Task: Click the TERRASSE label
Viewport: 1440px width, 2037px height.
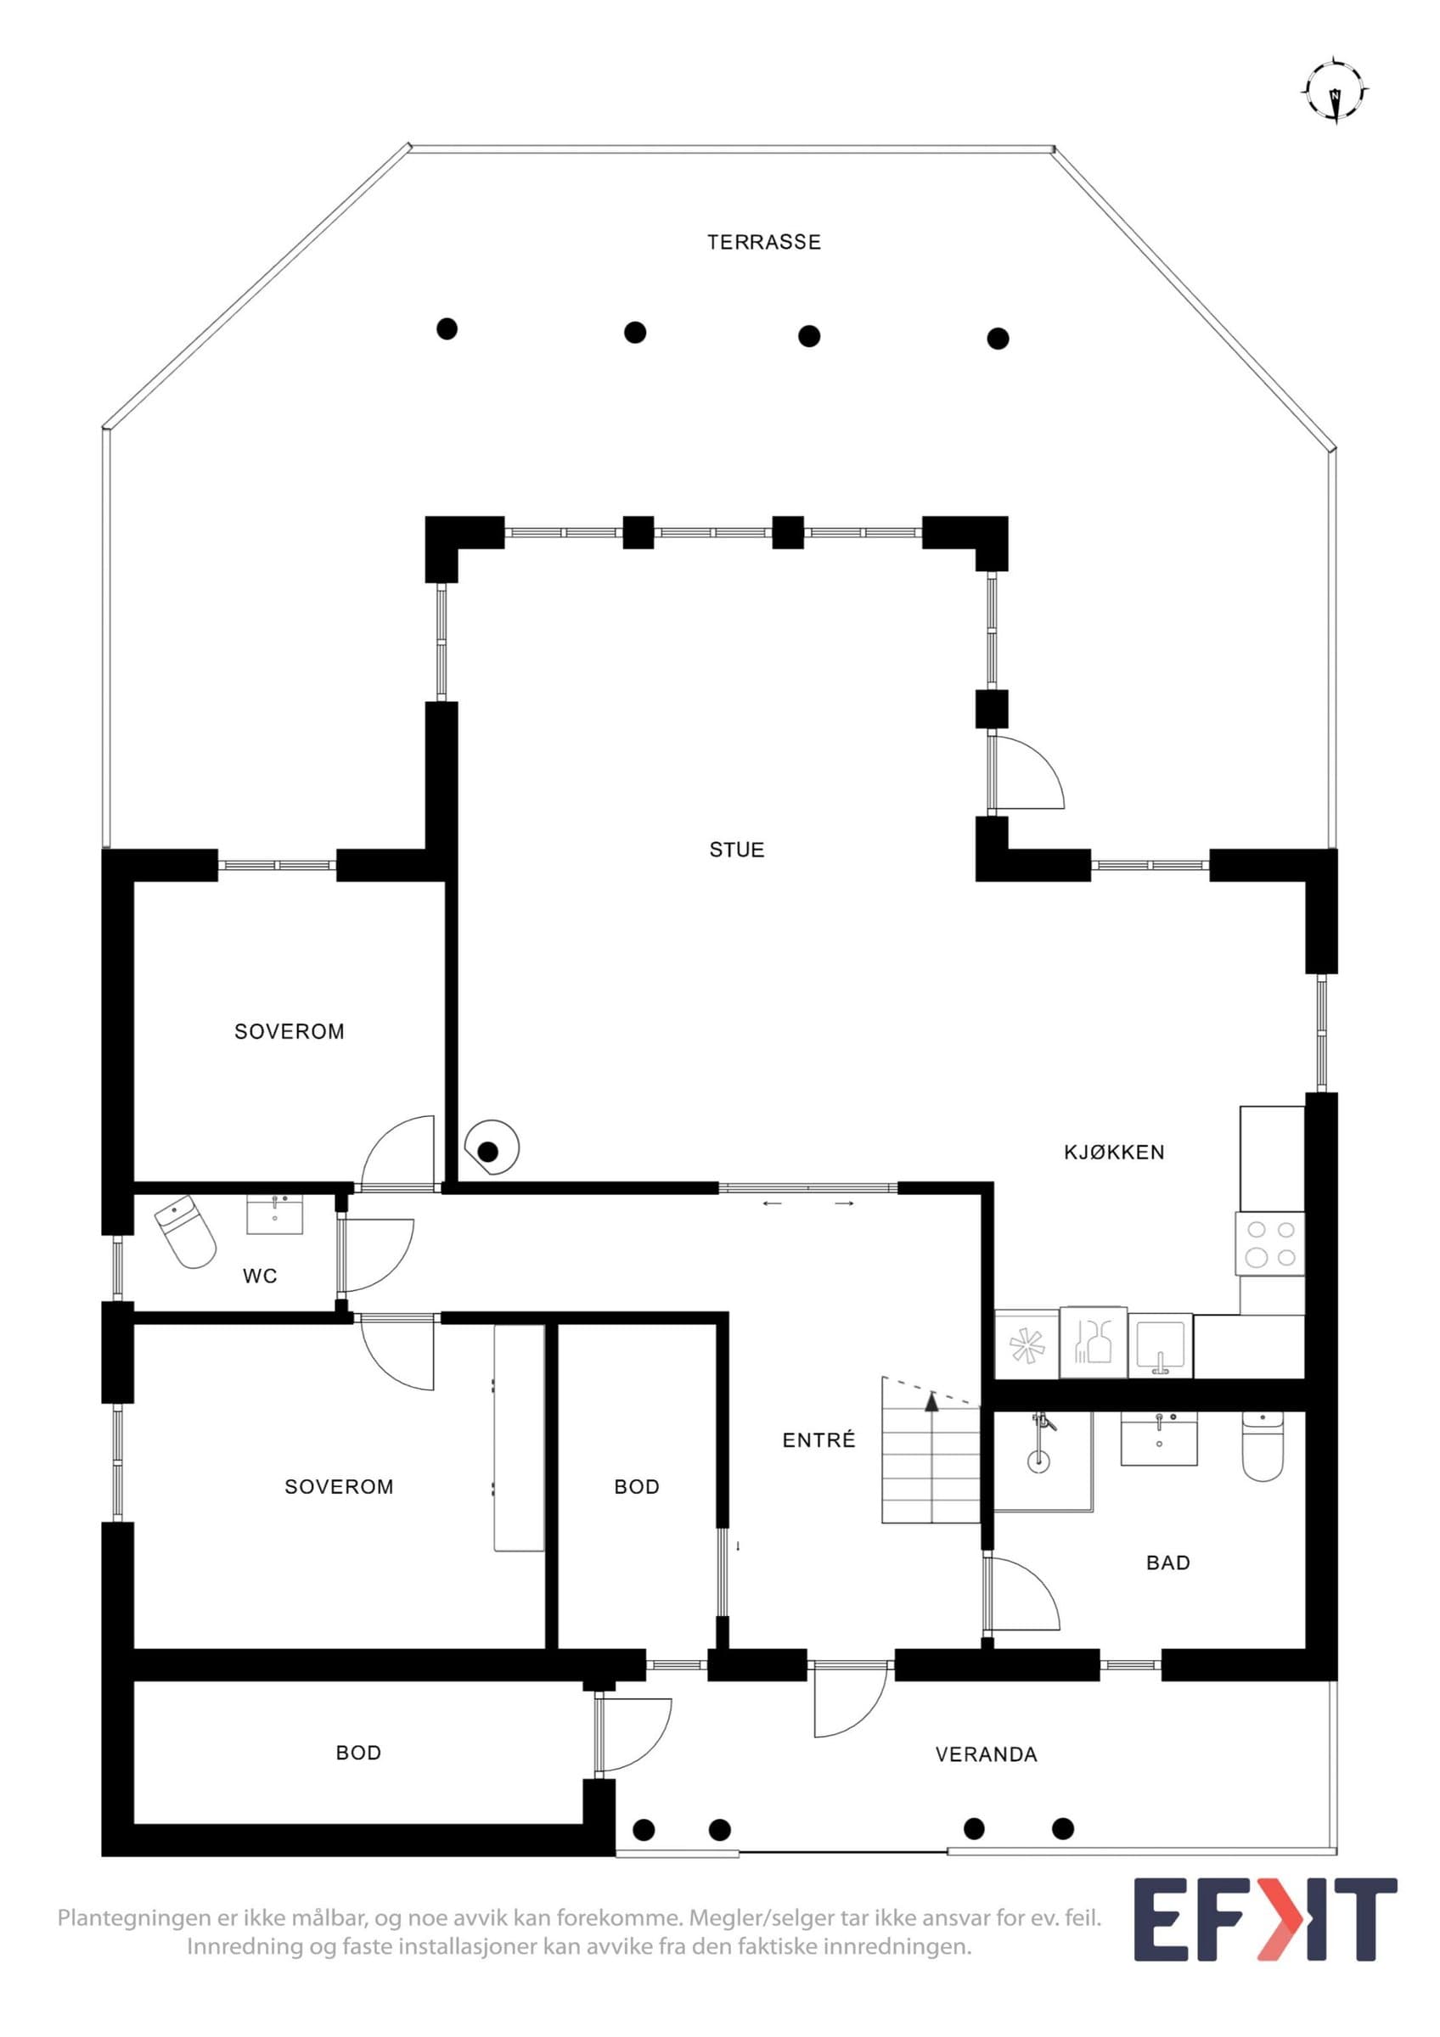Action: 764,242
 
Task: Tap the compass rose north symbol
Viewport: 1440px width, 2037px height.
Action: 1336,92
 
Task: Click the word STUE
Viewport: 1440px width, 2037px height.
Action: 736,850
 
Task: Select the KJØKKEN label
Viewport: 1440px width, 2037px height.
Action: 1113,1153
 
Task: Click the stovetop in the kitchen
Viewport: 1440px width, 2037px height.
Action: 1270,1244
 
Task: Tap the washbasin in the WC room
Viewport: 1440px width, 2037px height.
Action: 275,1214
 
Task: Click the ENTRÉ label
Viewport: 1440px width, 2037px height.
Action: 819,1441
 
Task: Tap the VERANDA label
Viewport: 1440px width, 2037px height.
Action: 987,1755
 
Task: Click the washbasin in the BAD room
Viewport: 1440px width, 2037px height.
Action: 1160,1436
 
